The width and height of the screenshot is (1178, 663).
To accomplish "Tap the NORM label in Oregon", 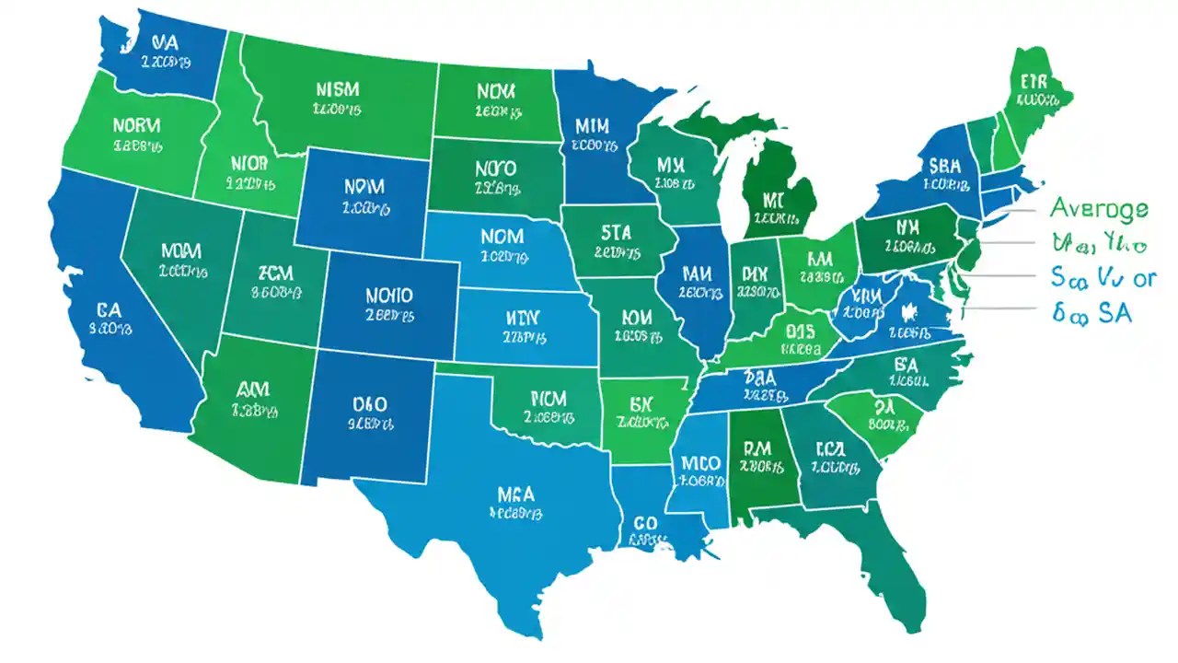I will (136, 124).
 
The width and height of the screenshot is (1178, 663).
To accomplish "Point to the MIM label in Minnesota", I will (593, 124).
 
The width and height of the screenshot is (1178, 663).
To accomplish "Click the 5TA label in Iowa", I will (616, 232).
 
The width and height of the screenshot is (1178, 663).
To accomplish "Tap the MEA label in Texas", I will (515, 494).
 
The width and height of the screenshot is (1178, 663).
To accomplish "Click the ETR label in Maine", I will (1034, 81).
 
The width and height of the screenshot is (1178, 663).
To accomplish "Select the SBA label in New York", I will (946, 166).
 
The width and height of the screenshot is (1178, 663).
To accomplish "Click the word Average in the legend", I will (1099, 207).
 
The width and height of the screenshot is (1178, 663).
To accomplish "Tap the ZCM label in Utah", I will (275, 273).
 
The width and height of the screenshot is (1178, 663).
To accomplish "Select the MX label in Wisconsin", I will (673, 165).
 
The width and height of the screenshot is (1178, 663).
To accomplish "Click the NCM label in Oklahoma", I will (549, 398).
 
